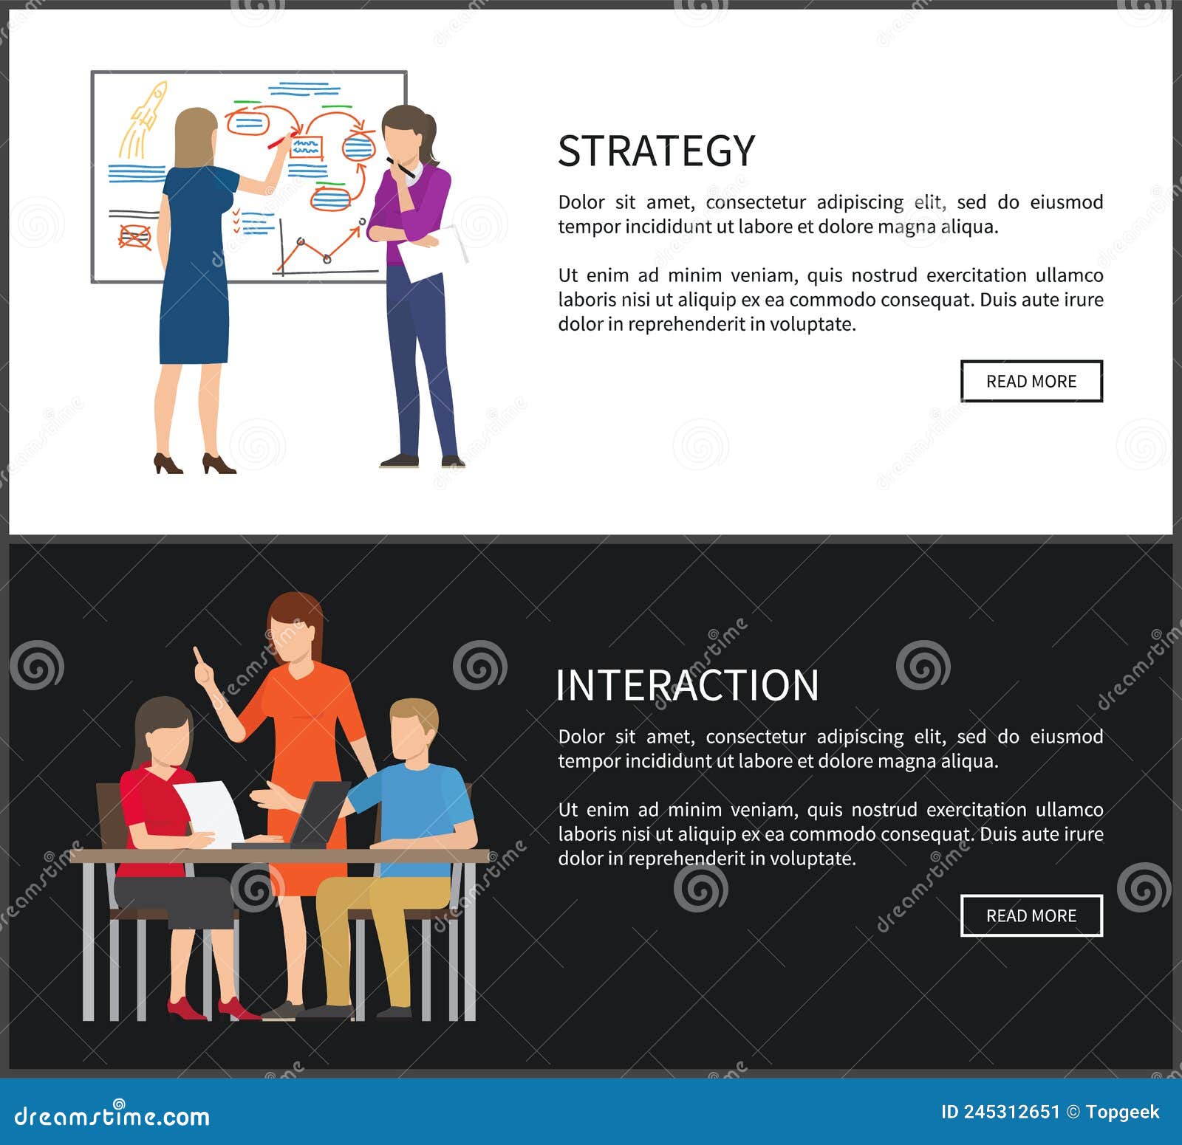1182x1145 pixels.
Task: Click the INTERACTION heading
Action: (687, 685)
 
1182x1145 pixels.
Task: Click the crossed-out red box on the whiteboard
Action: (134, 237)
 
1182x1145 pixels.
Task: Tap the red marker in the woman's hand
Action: (278, 142)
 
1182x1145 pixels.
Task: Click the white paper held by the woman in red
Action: (211, 811)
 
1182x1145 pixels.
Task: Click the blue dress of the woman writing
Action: (195, 273)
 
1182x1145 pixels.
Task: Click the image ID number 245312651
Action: (1011, 1112)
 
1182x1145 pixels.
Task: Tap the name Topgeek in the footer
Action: (1122, 1112)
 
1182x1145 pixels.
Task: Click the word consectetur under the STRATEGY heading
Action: (755, 202)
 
